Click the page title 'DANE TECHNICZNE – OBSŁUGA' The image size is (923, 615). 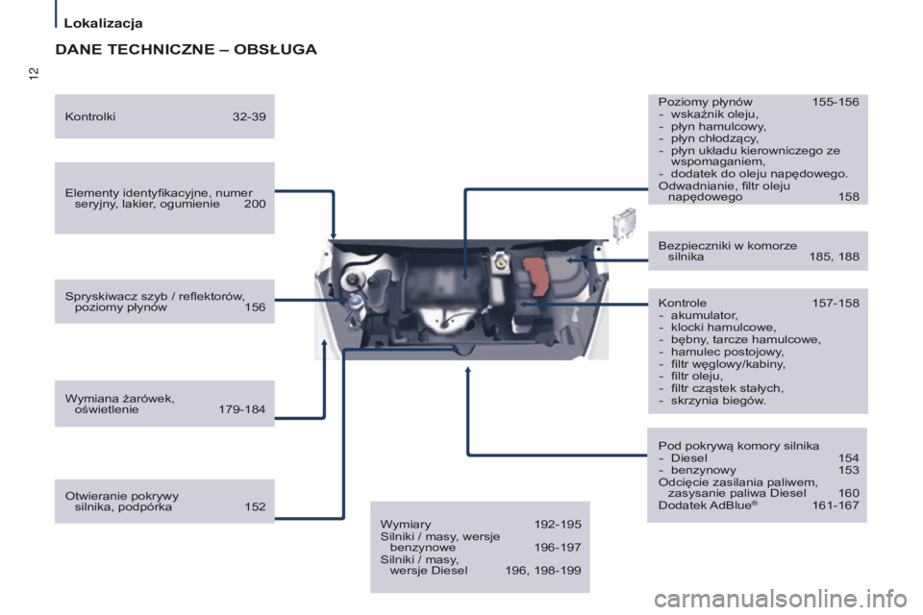coord(186,49)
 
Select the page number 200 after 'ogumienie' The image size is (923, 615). coord(255,204)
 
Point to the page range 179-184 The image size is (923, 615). coord(241,409)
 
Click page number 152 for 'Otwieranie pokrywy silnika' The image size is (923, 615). coord(255,507)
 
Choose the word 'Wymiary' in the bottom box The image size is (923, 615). coord(406,524)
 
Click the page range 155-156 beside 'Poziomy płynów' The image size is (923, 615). coord(835,101)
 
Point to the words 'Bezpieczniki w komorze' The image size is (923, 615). coord(728,245)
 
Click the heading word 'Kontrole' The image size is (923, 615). coord(683,303)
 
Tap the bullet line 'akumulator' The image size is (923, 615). coord(704,315)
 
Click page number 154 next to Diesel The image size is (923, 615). coord(849,458)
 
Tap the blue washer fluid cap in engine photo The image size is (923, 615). coord(356,301)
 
